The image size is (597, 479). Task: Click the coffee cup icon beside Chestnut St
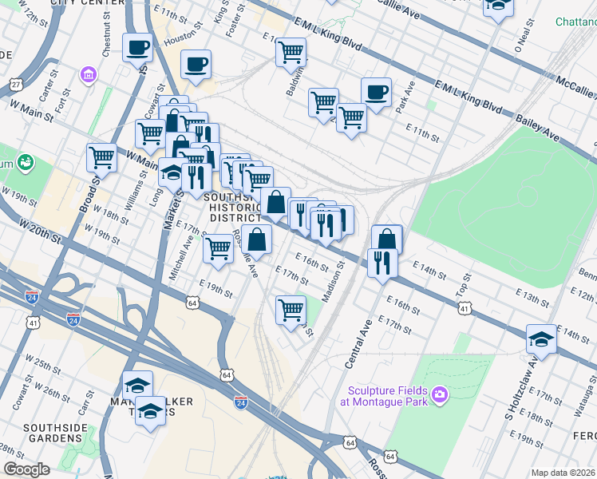tap(137, 47)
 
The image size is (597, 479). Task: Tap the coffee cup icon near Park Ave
tap(376, 91)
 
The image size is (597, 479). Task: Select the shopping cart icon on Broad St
tap(101, 157)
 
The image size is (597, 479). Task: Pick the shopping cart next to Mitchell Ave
tap(218, 247)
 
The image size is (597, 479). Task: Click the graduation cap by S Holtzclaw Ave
tap(541, 338)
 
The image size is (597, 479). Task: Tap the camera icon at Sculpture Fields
tap(439, 394)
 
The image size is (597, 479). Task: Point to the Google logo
tap(26, 469)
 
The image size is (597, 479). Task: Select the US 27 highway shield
tap(15, 84)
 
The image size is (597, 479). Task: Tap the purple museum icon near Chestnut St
tap(88, 76)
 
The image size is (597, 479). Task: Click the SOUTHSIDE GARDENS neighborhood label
tap(53, 433)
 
